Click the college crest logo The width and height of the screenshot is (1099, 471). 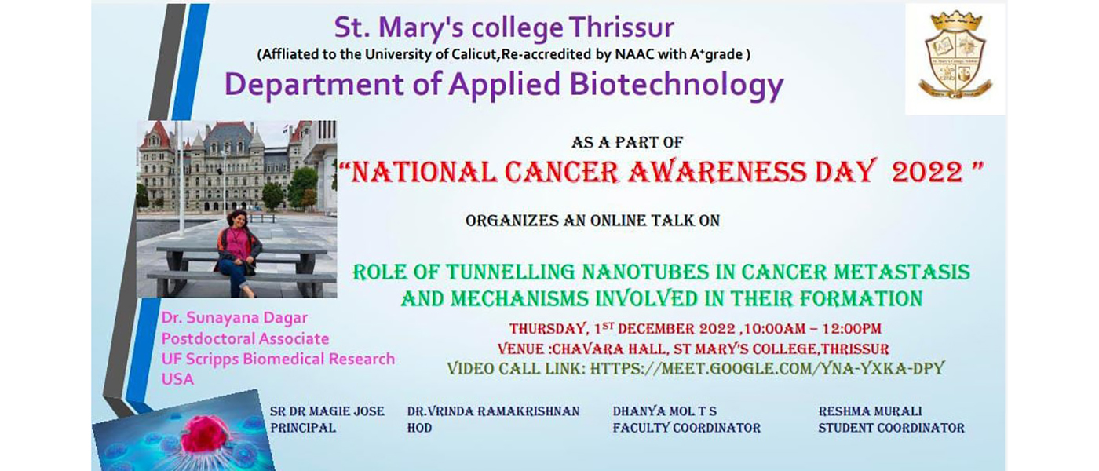(955, 55)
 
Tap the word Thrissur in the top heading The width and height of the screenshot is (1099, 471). (622, 27)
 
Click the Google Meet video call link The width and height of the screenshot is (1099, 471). (768, 368)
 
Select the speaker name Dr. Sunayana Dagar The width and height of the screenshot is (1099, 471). (235, 318)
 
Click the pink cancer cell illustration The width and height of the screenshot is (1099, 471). (205, 435)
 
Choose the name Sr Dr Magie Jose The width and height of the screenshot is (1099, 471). (327, 411)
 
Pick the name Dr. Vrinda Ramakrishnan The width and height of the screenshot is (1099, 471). (493, 411)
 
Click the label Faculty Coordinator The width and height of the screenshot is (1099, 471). (686, 428)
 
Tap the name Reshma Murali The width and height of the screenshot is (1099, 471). (870, 411)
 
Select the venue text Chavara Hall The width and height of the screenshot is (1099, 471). (609, 349)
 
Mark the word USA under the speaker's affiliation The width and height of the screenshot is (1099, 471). (177, 379)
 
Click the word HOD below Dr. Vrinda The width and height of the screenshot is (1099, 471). (419, 428)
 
